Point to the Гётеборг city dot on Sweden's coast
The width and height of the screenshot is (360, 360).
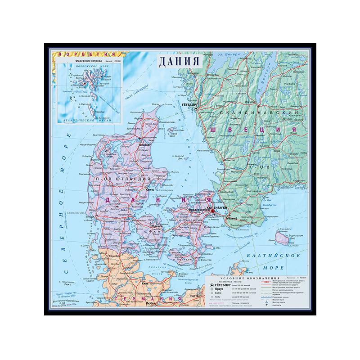point(196,108)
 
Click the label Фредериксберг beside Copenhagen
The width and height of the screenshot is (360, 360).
point(200,210)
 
